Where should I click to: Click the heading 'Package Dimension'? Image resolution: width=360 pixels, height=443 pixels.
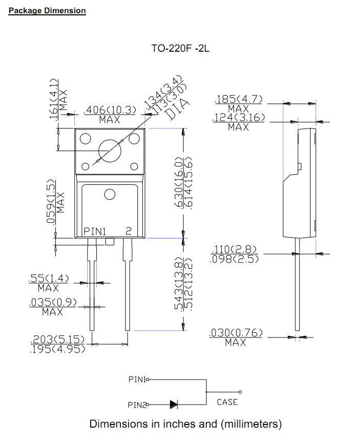coord(47,10)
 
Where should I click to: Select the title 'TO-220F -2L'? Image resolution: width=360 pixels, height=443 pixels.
coord(180,49)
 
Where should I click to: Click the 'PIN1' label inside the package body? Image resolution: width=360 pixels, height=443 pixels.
coord(95,231)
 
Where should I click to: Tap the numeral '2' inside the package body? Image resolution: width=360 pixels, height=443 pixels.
coord(129,231)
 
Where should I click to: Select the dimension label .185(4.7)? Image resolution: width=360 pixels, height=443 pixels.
coord(239,99)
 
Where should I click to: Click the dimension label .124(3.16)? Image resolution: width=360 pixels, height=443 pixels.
coord(239,118)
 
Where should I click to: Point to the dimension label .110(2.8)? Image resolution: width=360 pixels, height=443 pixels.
coord(236,250)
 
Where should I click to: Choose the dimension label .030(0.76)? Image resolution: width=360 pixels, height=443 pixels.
coord(236,334)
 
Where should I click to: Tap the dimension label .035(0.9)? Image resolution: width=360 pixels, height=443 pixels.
coord(53,303)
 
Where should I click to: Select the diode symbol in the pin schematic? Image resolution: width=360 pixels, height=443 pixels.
coord(174,405)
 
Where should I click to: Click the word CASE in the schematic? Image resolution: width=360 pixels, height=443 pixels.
coord(227,402)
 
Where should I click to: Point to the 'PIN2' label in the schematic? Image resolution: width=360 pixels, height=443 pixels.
coord(137,405)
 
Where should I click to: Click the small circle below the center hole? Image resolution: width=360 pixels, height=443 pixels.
coord(110,195)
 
